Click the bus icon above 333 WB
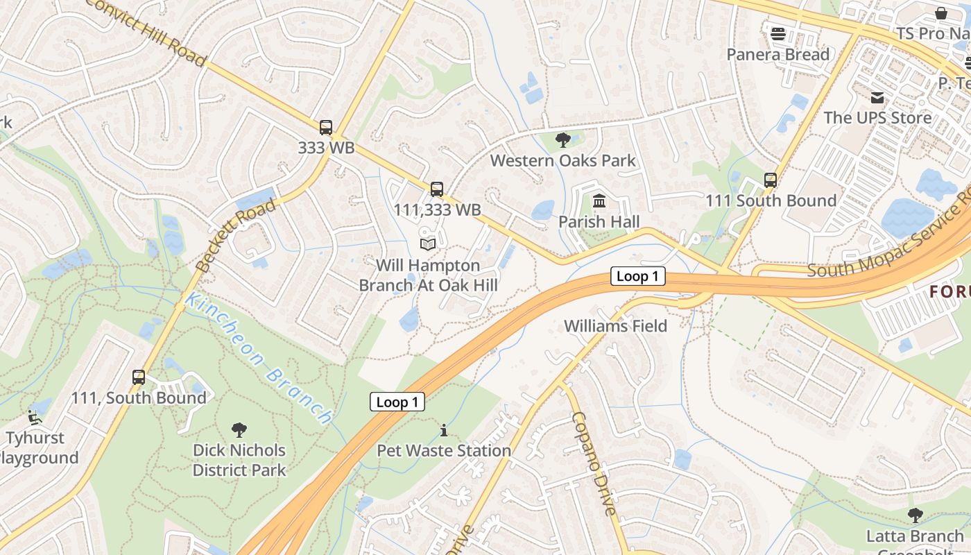pyautogui.click(x=326, y=128)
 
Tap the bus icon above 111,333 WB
pyautogui.click(x=436, y=189)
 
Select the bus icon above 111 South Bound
pyautogui.click(x=771, y=180)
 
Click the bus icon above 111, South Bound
pyautogui.click(x=139, y=377)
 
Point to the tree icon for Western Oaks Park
pyautogui.click(x=562, y=140)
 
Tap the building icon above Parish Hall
pyautogui.click(x=599, y=201)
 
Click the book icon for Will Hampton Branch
pyautogui.click(x=428, y=244)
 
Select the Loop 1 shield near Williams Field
pyautogui.click(x=637, y=276)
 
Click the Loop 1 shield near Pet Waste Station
pyautogui.click(x=397, y=402)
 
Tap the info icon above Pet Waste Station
pyautogui.click(x=444, y=431)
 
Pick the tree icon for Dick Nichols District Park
pyautogui.click(x=239, y=430)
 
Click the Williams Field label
pyautogui.click(x=615, y=325)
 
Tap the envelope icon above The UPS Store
pyautogui.click(x=878, y=97)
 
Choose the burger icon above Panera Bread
pyautogui.click(x=777, y=33)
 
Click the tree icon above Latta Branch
pyautogui.click(x=915, y=515)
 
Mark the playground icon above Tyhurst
pyautogui.click(x=33, y=417)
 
